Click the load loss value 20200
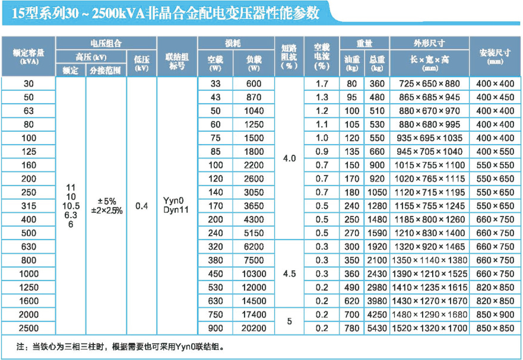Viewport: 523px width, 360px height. (x=253, y=328)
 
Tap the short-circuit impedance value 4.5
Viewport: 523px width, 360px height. (x=289, y=274)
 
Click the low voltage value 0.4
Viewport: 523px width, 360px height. (x=141, y=205)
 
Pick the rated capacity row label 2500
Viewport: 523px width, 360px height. (x=29, y=328)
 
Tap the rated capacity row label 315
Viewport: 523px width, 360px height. (x=29, y=206)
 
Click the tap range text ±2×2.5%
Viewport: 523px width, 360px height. (x=107, y=211)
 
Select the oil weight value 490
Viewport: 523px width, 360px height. (x=352, y=288)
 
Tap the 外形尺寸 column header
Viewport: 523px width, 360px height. (x=429, y=43)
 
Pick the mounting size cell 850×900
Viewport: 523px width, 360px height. (x=495, y=315)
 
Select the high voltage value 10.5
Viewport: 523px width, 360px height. (x=71, y=205)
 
